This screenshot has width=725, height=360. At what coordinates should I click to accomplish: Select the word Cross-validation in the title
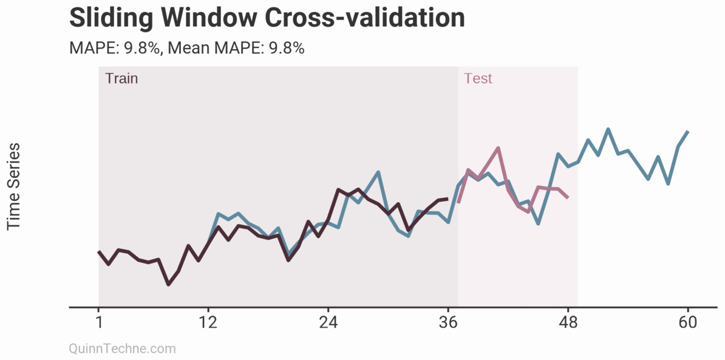pos(364,18)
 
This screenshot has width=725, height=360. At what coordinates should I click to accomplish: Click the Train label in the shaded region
pos(121,78)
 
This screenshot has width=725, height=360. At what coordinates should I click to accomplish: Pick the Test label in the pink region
pos(478,78)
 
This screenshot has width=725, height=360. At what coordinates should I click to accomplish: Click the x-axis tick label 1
pos(98,322)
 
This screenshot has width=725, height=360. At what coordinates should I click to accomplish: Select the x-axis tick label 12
pos(208,322)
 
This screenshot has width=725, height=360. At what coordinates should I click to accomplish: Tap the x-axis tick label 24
pos(328,322)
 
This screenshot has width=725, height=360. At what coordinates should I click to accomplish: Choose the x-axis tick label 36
pos(448,322)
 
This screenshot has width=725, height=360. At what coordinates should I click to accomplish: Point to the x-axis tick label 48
pos(568,322)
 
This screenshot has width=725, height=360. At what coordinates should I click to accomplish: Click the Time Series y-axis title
pos(13,186)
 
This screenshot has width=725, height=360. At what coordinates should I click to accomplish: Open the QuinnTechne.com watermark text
pos(123,348)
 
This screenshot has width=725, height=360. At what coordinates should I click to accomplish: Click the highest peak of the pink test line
pos(498,148)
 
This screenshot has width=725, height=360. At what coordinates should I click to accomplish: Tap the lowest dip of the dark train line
pos(168,284)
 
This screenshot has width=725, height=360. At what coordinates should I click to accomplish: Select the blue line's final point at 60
pos(688,131)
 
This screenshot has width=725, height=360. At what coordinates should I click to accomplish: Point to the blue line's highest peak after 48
pos(608,129)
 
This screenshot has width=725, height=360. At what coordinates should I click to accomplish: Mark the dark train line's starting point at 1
pos(98,251)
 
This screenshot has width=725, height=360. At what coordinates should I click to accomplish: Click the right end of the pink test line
pos(568,197)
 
